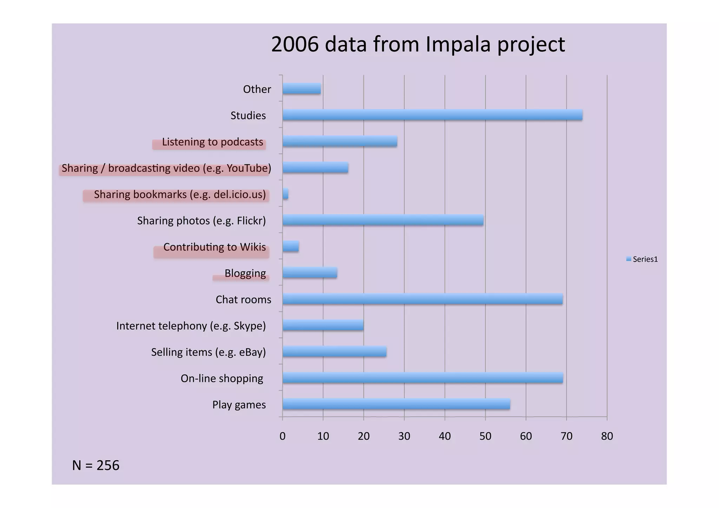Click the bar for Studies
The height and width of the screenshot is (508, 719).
click(x=432, y=115)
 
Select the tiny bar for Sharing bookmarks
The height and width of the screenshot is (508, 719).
click(x=285, y=194)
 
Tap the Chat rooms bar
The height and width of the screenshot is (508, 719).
click(x=422, y=299)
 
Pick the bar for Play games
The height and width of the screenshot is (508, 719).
click(x=396, y=404)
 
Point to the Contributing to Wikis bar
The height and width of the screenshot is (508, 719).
click(x=291, y=246)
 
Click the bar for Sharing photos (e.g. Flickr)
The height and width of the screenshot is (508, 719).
click(x=383, y=220)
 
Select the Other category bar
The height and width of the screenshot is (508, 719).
click(x=302, y=89)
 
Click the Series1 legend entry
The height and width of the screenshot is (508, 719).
click(x=642, y=259)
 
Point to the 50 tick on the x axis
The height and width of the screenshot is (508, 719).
click(x=485, y=436)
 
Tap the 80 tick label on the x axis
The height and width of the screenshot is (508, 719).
click(x=607, y=436)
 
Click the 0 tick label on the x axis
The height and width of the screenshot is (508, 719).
click(x=282, y=436)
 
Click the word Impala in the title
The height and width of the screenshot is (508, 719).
click(x=458, y=45)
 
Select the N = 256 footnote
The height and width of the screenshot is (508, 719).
click(x=95, y=465)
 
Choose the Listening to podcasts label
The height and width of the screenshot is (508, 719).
click(x=212, y=142)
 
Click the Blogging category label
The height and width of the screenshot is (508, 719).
click(x=245, y=273)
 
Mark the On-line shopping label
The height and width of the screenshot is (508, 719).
click(x=222, y=378)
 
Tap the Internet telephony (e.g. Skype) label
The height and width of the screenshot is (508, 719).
click(x=191, y=326)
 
